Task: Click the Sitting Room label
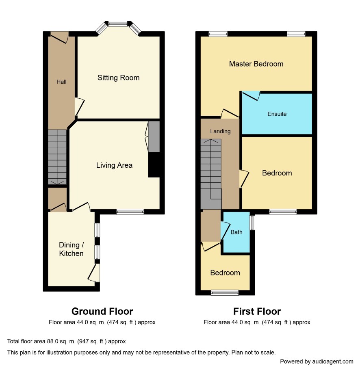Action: click(119, 78)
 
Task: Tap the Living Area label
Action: click(114, 165)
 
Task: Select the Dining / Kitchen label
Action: click(71, 249)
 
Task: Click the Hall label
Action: click(61, 82)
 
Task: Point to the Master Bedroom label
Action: click(256, 64)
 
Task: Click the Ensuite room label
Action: click(277, 114)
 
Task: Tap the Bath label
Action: click(236, 232)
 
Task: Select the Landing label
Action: click(220, 131)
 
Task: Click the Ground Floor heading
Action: click(102, 312)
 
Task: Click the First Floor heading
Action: click(257, 312)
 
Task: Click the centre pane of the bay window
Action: click(118, 24)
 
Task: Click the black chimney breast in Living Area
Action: click(154, 165)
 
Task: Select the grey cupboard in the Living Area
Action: click(154, 137)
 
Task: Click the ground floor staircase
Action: click(57, 157)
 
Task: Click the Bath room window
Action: click(253, 223)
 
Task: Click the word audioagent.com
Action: click(333, 361)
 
